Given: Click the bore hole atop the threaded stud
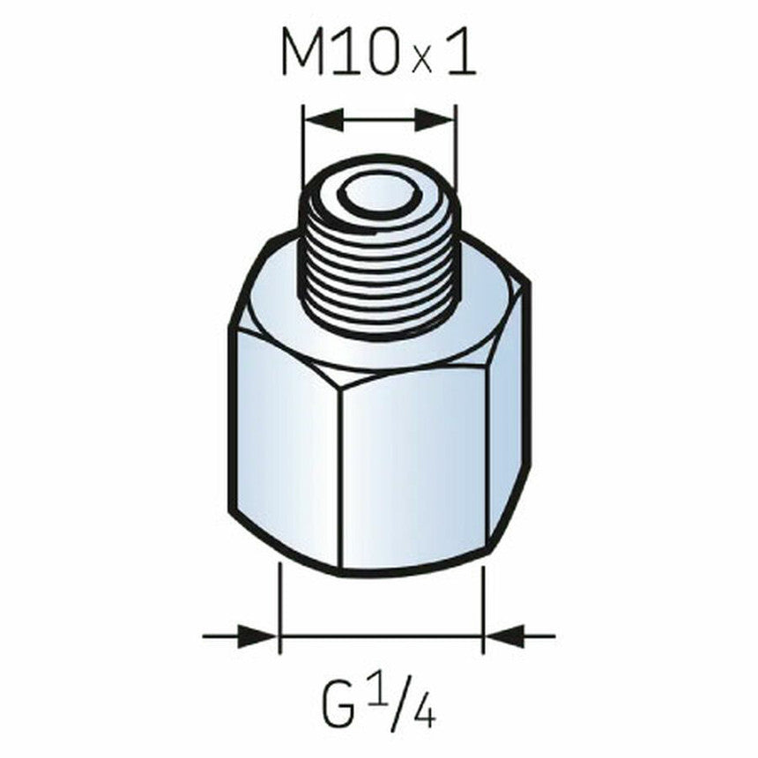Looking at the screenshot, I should click(x=378, y=196).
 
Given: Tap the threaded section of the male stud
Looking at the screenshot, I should click(x=378, y=264).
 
